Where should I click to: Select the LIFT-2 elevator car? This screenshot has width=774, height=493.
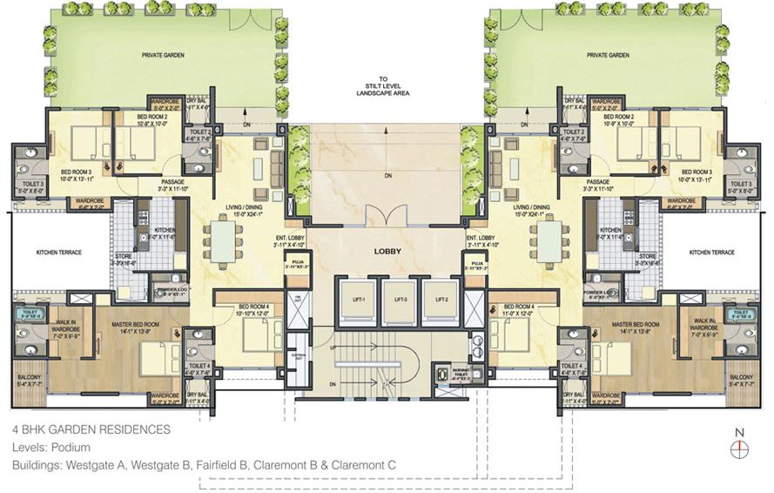tap(438, 299)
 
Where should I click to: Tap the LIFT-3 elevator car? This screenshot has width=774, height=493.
tap(398, 299)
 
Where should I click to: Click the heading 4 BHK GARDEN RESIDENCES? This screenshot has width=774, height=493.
tap(91, 430)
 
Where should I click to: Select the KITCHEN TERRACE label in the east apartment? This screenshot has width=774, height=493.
tap(712, 253)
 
